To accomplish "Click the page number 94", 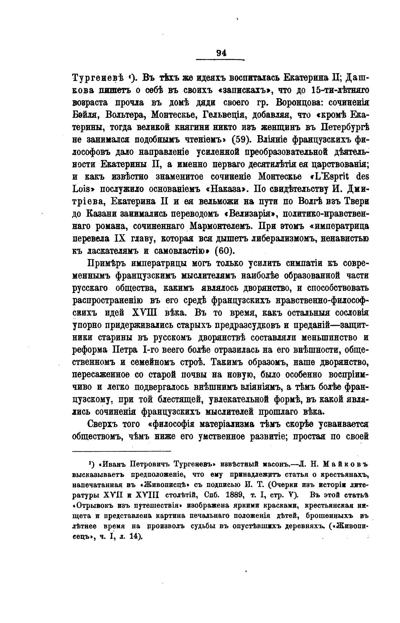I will [221, 53].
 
